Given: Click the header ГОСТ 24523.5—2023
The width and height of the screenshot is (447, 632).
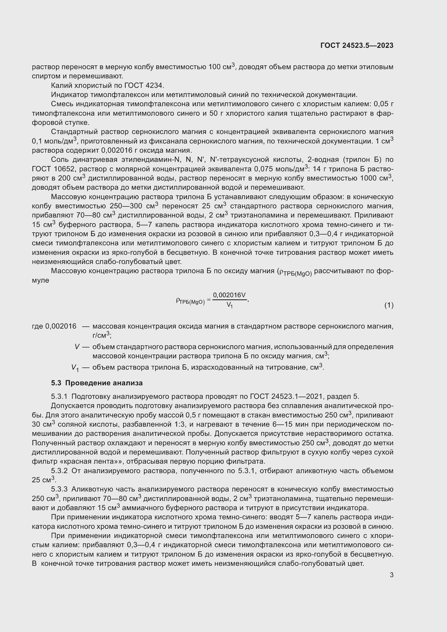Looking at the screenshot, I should (x=357, y=45).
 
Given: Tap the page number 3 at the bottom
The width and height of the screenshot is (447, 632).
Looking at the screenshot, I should (x=391, y=575).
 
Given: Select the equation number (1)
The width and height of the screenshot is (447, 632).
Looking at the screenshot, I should (x=389, y=305).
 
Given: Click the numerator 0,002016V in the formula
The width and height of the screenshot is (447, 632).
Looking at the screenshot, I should (x=229, y=295).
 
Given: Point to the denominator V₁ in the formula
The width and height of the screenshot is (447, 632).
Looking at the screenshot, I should (x=229, y=305).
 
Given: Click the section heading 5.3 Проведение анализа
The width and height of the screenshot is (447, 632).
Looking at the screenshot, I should (x=97, y=383).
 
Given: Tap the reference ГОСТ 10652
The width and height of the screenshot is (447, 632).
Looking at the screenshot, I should (x=54, y=169).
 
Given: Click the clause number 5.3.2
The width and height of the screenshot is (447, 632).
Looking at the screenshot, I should (x=59, y=471).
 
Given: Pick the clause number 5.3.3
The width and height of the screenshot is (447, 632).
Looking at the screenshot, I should (x=59, y=489).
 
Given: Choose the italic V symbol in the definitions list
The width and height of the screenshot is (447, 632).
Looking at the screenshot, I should (x=77, y=347).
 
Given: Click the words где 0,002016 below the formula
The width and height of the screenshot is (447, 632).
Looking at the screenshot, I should (x=54, y=326).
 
